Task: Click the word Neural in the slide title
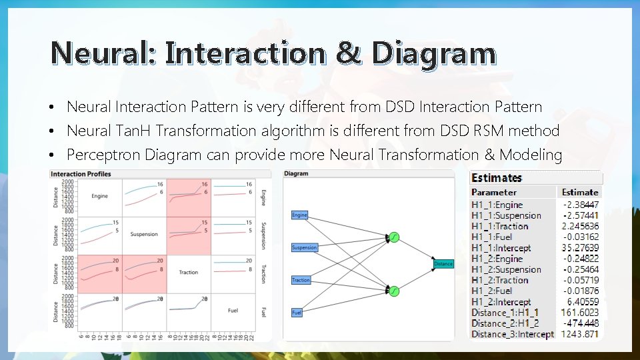pyautogui.click(x=102, y=53)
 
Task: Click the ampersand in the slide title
pyautogui.click(x=347, y=53)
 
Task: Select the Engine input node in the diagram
pyautogui.click(x=300, y=215)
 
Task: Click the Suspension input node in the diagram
pyautogui.click(x=305, y=247)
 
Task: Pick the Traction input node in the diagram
pyautogui.click(x=301, y=280)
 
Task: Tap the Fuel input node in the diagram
pyautogui.click(x=297, y=312)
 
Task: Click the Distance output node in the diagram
pyautogui.click(x=443, y=264)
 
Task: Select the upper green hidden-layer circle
pyautogui.click(x=393, y=237)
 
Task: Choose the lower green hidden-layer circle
pyautogui.click(x=393, y=291)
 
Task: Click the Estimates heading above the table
pyautogui.click(x=496, y=177)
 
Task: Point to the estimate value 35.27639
pyautogui.click(x=580, y=247)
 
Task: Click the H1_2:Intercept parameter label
pyautogui.click(x=501, y=302)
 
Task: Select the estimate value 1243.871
pyautogui.click(x=580, y=334)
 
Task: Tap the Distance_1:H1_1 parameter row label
pyautogui.click(x=505, y=313)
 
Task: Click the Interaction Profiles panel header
pyautogui.click(x=81, y=174)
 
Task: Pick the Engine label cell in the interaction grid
pyautogui.click(x=99, y=196)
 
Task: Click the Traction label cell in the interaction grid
pyautogui.click(x=188, y=272)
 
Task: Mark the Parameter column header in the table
pyautogui.click(x=494, y=192)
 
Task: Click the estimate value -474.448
pyautogui.click(x=580, y=323)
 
